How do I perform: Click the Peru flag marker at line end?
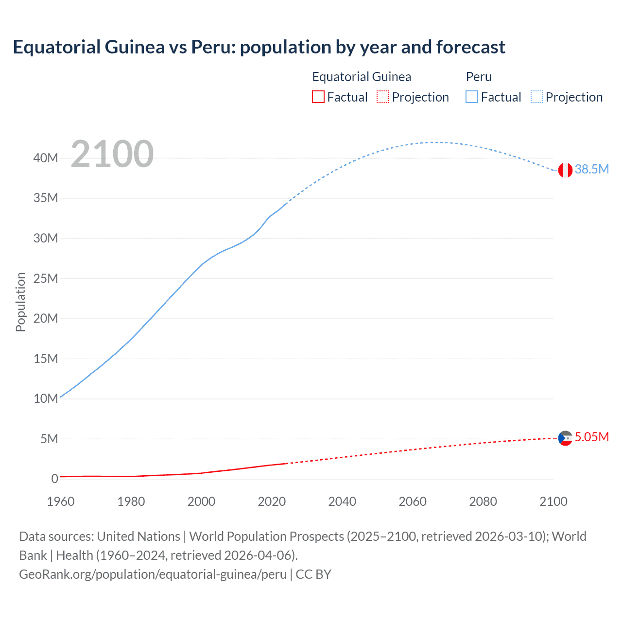(565, 170)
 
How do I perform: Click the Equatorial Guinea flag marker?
(565, 438)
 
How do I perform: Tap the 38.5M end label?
(591, 169)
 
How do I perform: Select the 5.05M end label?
(591, 437)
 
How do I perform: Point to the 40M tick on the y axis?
(46, 158)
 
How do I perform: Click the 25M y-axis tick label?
(46, 278)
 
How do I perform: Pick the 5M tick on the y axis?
(49, 439)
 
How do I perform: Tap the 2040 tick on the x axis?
(342, 501)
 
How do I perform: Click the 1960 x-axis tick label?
(61, 501)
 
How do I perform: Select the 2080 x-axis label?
(483, 501)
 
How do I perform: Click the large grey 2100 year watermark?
(112, 154)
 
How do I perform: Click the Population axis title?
(20, 302)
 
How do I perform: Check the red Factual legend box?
(318, 97)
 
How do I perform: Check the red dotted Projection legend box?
(383, 97)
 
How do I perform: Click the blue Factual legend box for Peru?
(472, 97)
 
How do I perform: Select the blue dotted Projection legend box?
(537, 97)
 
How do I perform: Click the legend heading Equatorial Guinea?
(362, 77)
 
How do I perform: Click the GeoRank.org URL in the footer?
(153, 574)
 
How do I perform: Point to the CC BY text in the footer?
(313, 574)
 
